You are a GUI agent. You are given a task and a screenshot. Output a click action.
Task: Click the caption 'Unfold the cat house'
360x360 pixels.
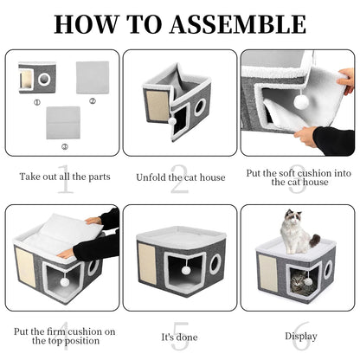179,177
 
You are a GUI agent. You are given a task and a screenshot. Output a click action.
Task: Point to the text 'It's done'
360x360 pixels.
179,336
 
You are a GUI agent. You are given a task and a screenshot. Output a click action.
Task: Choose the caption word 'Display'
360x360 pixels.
299,336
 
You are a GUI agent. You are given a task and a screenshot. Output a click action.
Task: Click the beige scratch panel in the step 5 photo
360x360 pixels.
148,270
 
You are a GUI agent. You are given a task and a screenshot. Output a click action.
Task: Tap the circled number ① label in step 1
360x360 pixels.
37,100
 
